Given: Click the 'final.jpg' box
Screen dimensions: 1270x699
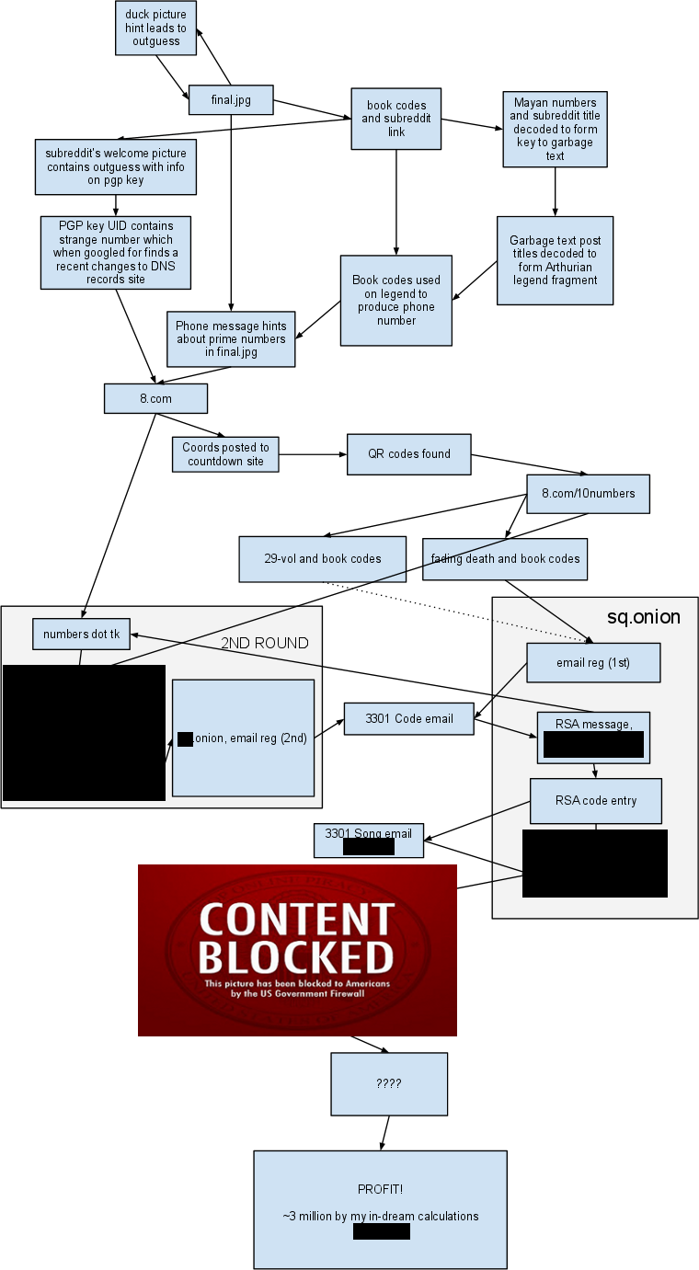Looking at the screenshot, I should click(x=231, y=100).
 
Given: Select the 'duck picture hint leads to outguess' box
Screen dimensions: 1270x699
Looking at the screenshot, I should click(x=155, y=29).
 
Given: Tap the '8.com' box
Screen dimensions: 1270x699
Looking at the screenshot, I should click(x=155, y=398).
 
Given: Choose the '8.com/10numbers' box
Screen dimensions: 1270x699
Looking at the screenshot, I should click(x=588, y=494).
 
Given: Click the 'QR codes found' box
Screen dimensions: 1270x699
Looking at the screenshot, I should click(x=408, y=454).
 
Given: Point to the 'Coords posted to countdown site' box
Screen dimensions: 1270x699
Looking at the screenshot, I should click(x=225, y=454).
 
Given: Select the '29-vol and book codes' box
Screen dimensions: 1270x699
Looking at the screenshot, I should click(x=322, y=559).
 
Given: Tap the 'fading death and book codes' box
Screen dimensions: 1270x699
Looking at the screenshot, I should click(x=505, y=559).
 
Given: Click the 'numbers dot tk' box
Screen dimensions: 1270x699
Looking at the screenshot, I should click(x=81, y=634).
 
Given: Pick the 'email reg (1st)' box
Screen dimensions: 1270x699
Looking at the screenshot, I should click(x=593, y=663).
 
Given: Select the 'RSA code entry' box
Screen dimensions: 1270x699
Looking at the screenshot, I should click(x=595, y=801).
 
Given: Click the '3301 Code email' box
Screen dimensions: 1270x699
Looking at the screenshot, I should click(x=408, y=719).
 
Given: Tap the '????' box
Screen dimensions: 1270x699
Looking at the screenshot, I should click(x=389, y=1084).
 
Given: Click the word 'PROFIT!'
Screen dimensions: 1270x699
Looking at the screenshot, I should click(x=380, y=1190).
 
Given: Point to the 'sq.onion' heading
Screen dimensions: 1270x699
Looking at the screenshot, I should click(x=643, y=617).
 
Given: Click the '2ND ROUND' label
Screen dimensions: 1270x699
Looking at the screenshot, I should click(x=264, y=643).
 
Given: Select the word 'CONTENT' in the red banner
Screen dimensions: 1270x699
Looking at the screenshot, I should click(x=296, y=920).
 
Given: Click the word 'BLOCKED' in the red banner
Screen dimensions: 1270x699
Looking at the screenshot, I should click(x=296, y=957).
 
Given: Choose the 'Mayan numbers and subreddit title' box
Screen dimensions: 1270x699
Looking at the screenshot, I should click(x=555, y=130).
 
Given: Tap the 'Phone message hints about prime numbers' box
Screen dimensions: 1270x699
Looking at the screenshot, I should click(x=231, y=339).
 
